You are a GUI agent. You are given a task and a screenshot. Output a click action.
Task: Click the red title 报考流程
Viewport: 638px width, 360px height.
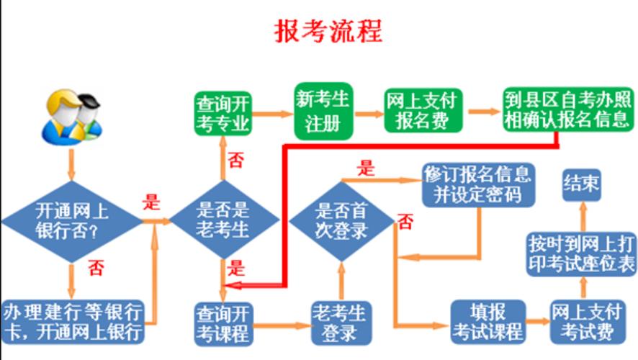tap(328, 31)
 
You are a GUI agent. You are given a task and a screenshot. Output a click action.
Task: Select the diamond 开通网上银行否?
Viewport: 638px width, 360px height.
tap(72, 221)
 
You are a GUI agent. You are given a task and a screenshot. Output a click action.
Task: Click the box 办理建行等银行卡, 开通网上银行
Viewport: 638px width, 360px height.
tap(73, 321)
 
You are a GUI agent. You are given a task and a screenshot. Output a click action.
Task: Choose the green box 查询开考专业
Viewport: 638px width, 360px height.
tap(223, 114)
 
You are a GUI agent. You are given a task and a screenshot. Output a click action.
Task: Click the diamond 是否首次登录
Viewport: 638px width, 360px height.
tap(342, 220)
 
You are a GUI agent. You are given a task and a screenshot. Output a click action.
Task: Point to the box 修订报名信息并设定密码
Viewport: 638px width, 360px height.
tap(478, 184)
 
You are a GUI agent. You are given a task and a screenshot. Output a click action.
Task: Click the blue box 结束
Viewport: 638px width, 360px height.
tap(581, 183)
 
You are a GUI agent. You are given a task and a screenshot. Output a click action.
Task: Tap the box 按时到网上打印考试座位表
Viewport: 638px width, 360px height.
tap(581, 253)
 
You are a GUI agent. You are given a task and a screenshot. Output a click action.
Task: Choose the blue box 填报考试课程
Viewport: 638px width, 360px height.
tap(488, 322)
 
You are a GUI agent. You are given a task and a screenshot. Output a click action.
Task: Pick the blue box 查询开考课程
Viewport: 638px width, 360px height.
tap(223, 323)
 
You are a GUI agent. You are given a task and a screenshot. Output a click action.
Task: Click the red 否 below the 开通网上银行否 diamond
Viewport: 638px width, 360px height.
tap(96, 269)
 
